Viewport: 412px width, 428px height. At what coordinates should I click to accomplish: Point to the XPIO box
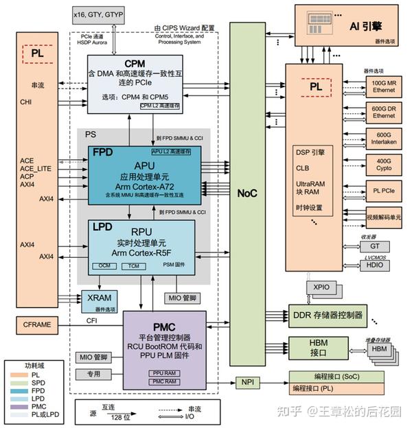321,288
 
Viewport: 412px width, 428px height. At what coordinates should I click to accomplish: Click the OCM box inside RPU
105,265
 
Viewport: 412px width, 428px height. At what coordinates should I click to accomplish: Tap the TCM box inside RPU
135,265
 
